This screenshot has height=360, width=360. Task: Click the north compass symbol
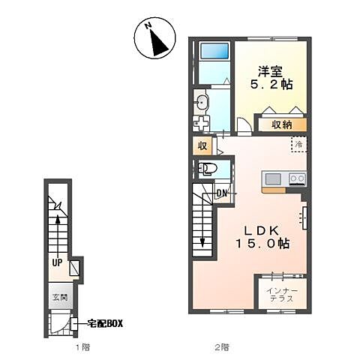[154, 38]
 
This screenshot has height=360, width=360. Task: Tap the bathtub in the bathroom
[214, 50]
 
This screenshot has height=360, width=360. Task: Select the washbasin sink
[201, 102]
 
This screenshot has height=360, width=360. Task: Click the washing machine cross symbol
[201, 123]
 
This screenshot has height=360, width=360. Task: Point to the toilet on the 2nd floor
[205, 169]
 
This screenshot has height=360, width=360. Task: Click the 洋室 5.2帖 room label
[271, 78]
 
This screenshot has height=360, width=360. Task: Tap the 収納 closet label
[282, 125]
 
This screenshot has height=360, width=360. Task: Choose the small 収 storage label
[202, 145]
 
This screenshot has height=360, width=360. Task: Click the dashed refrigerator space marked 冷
[299, 144]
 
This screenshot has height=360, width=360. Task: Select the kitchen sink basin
[273, 178]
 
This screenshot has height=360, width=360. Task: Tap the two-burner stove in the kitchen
[297, 178]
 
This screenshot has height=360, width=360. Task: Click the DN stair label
[221, 193]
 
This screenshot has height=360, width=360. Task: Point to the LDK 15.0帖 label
[262, 237]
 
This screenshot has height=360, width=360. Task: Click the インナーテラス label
[282, 295]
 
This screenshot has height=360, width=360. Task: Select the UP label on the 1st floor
[57, 262]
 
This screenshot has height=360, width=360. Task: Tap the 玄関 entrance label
[60, 298]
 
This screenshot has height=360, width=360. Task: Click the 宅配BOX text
[105, 324]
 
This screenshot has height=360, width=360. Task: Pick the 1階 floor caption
[82, 347]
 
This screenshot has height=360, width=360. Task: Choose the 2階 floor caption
[222, 347]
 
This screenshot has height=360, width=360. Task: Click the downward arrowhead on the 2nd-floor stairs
[202, 242]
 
